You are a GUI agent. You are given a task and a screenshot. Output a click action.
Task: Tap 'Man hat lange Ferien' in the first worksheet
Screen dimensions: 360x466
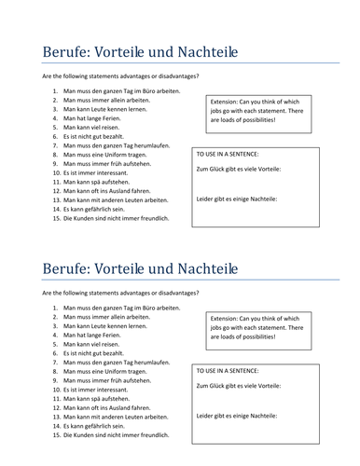click(x=94, y=119)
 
